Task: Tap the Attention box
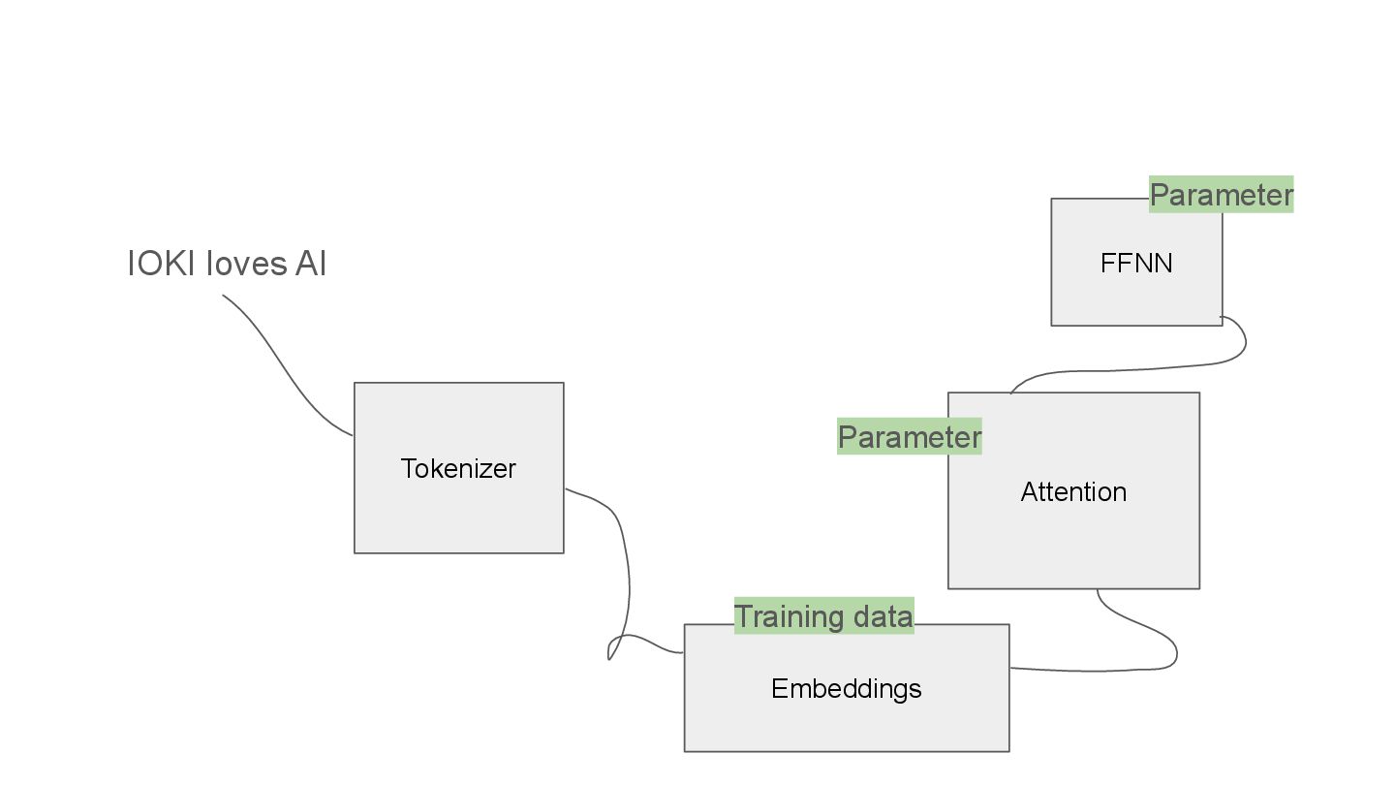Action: [1073, 543]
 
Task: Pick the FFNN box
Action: [1135, 296]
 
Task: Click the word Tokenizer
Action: [458, 469]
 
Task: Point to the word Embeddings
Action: [846, 689]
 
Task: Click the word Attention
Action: [1073, 492]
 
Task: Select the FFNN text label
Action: [1136, 264]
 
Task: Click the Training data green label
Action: [823, 616]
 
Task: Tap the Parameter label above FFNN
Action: [1221, 195]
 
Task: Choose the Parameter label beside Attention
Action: [909, 437]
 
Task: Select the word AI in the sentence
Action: [311, 264]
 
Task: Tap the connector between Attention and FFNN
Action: [1162, 367]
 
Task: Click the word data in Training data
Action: [877, 616]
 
